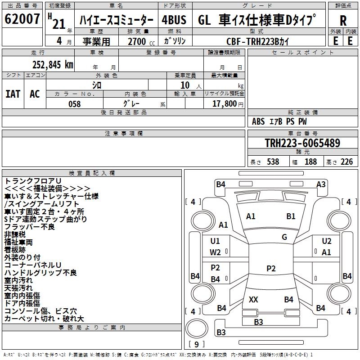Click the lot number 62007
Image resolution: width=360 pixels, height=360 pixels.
pos(22,19)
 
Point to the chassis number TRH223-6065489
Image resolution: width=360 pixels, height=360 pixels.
pos(302,144)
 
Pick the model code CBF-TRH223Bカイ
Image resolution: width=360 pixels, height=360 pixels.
pos(258,41)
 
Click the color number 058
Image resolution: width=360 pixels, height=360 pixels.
pos(74,104)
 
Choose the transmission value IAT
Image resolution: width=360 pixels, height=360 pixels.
pos(13,94)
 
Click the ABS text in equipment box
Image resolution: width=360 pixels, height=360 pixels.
pos(258,121)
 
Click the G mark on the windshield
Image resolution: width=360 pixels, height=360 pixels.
pos(284,237)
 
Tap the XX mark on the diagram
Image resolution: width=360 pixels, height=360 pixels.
pos(253,299)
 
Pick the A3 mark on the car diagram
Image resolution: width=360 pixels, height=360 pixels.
pos(321,184)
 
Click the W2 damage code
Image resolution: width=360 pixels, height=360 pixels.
pos(216,252)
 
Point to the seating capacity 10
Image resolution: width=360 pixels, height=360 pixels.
pos(185,85)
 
